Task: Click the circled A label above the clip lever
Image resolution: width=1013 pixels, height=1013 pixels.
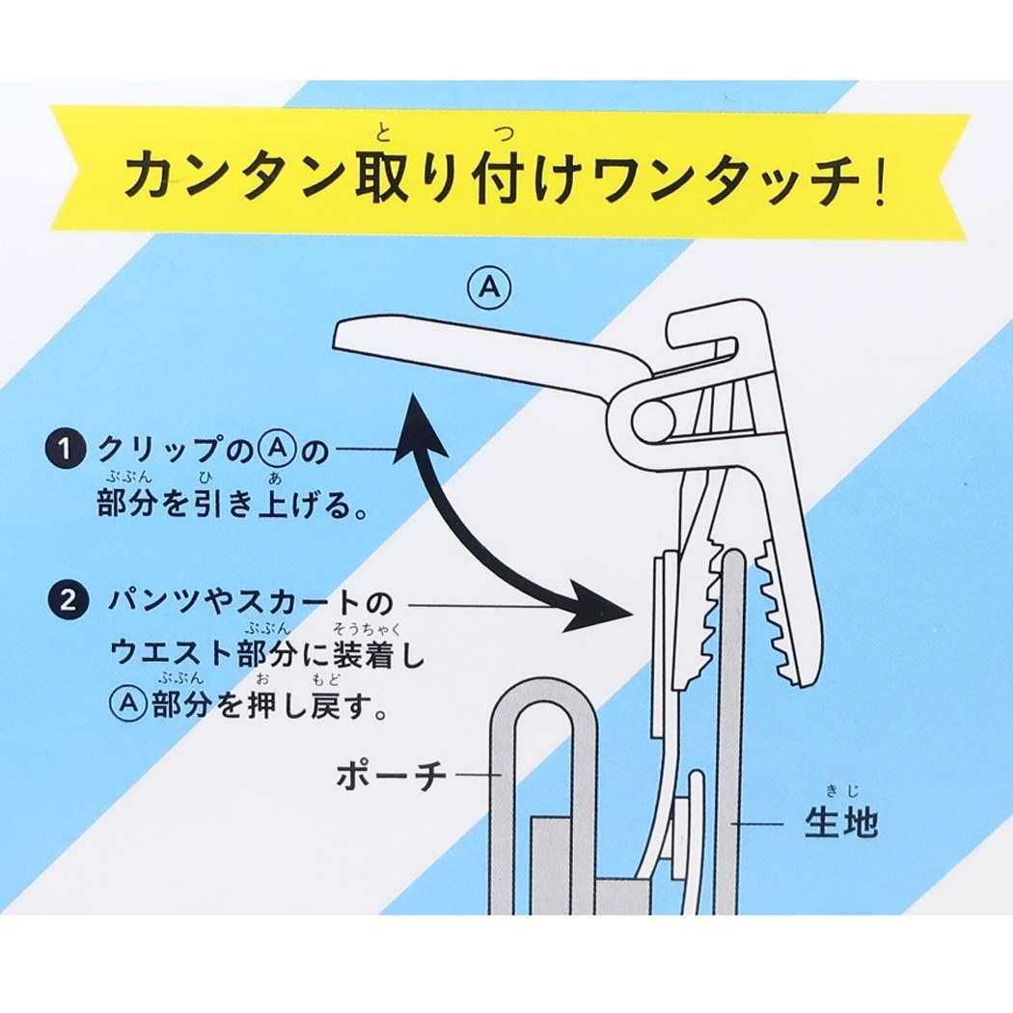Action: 490,288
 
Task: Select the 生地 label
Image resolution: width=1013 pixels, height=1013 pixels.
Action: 841,823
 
